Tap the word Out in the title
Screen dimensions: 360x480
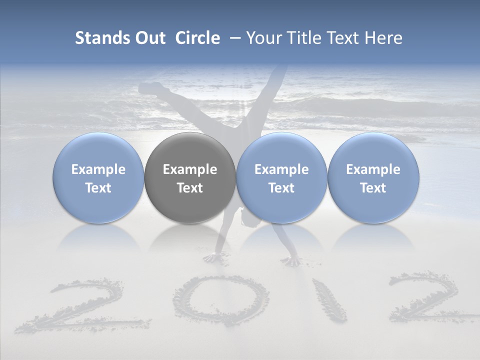point(149,38)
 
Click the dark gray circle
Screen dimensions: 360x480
point(190,178)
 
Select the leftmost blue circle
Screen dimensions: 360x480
point(98,178)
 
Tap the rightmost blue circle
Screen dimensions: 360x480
point(373,178)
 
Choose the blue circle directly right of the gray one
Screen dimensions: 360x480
point(281,178)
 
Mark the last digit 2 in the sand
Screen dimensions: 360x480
point(430,298)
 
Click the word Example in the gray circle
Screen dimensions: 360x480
point(190,169)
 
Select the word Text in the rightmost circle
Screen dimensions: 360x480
point(373,188)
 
